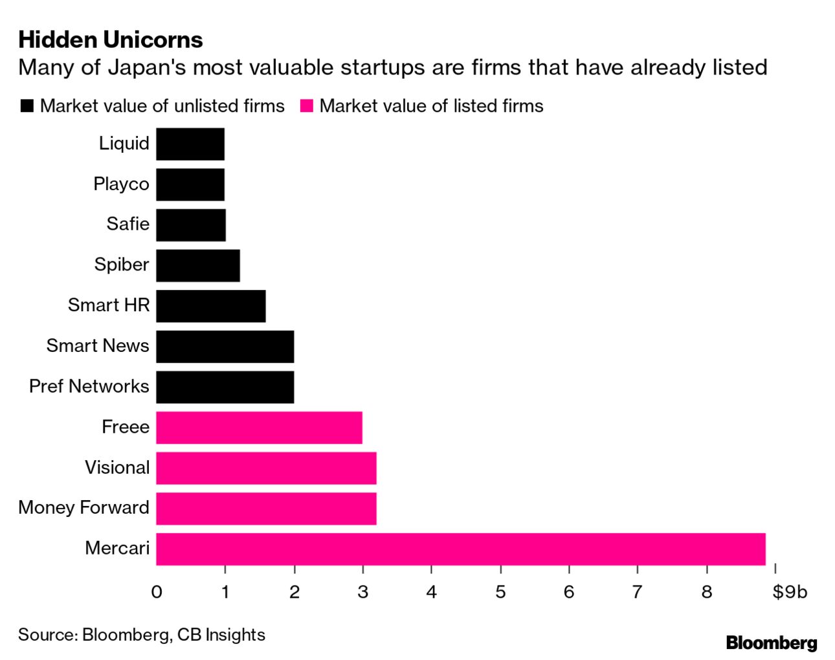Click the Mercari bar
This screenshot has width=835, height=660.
pos(460,549)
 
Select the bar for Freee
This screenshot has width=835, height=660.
pos(259,427)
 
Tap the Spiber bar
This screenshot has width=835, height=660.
pos(197,265)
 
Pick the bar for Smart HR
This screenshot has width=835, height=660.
pos(210,305)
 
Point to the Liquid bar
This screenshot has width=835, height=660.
pos(190,144)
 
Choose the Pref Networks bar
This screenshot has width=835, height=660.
pos(225,387)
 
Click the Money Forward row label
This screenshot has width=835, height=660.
pos(83,507)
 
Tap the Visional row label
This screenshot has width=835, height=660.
pos(117,467)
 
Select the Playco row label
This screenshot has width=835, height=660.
pos(121,184)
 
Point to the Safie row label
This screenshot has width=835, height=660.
pos(128,224)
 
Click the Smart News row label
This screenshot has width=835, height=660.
pos(98,346)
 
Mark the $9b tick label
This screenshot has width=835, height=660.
pos(790,591)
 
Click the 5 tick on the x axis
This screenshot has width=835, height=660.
pos(500,591)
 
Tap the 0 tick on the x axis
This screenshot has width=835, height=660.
pos(157,591)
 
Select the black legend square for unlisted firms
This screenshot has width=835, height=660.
pos(27,106)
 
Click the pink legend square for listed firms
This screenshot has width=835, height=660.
pos(307,106)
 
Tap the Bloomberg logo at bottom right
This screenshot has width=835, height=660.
pos(771,643)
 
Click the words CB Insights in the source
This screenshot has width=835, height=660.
pos(221,635)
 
